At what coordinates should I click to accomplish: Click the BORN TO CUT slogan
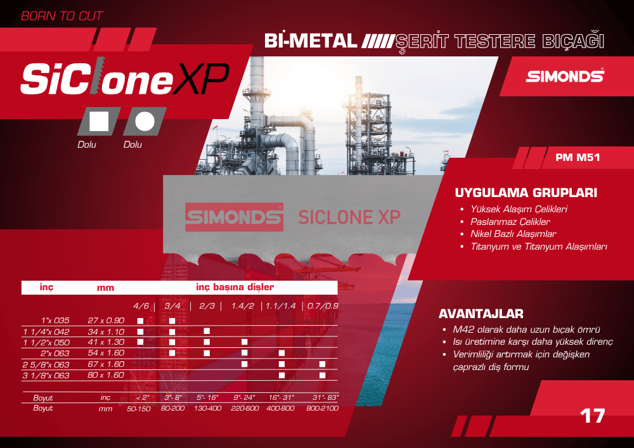pos(62,16)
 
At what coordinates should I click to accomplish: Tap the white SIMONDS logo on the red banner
pos(565,75)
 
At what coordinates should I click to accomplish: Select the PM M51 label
pos(578,157)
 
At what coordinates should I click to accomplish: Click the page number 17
pos(592,416)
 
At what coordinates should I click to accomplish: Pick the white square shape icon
pos(99,121)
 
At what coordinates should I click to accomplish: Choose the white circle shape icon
pos(145,121)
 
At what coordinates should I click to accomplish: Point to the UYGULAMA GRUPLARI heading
pos(526,193)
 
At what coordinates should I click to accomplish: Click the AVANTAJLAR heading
pos(481,314)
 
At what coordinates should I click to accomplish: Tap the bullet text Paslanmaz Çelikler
pos(510,222)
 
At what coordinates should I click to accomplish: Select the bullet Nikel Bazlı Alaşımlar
pos(513,234)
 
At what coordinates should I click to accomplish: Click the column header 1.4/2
pos(243,306)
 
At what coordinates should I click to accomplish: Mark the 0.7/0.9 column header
pos(323,306)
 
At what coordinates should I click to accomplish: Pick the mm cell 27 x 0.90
pos(106,321)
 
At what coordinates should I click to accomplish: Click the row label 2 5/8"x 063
pos(46,364)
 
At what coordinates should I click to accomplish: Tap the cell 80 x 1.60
pos(106,375)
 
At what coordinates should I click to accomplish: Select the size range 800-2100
pos(322,409)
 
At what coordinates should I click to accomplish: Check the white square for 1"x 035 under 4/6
pos(140,321)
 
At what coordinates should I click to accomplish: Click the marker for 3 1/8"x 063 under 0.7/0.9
pos(322,375)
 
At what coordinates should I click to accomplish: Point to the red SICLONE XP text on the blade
pos(349,217)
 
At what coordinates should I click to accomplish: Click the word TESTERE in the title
pos(495,41)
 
